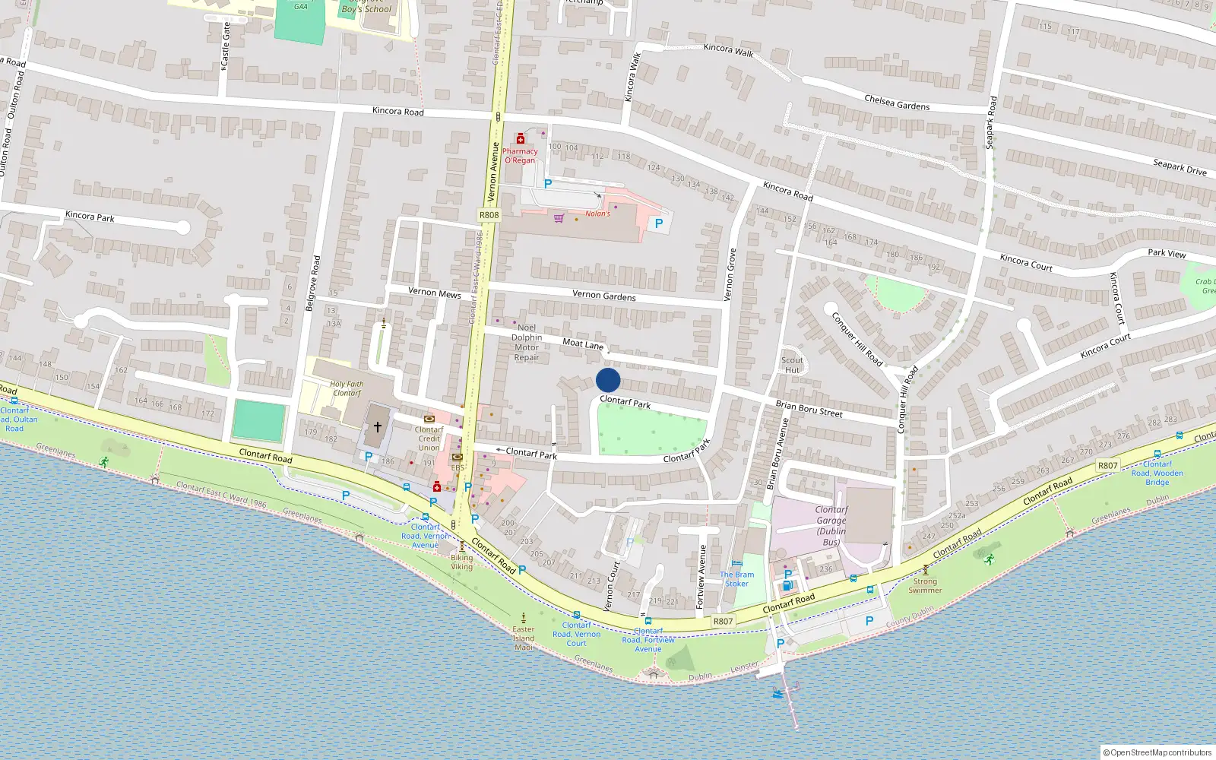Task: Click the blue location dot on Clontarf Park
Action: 608,380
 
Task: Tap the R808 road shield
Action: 489,215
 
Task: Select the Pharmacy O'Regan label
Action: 520,156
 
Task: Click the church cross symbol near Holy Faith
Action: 377,427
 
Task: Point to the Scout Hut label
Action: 792,366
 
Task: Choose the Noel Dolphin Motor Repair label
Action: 527,343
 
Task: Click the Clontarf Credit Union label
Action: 429,439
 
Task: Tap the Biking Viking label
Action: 461,562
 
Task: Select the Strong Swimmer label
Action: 925,586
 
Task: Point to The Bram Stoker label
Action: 737,579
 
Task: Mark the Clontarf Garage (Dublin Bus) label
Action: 831,526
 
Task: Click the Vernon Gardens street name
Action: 604,295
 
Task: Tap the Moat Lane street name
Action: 583,344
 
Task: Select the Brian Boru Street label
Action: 809,409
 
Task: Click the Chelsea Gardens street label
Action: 897,103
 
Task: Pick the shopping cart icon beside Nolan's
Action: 559,218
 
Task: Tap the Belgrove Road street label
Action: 313,283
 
